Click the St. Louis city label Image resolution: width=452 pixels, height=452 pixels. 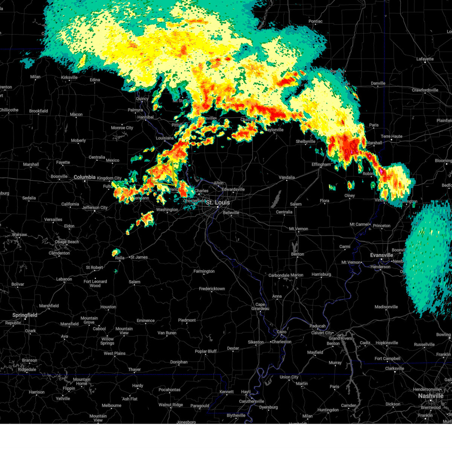click(218, 203)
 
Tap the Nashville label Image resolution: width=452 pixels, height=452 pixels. click(431, 396)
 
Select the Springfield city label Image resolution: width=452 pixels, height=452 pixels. click(25, 315)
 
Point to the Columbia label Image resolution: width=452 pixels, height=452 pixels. click(84, 177)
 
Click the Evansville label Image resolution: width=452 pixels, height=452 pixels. click(382, 255)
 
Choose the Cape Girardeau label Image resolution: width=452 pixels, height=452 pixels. click(260, 307)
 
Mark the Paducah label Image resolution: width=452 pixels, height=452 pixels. click(318, 326)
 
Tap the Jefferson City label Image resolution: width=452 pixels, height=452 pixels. click(95, 208)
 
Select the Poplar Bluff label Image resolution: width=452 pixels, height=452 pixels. click(206, 351)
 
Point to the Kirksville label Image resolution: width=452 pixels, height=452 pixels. click(69, 78)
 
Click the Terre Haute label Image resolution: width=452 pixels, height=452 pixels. click(391, 136)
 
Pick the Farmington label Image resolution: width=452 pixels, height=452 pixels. click(204, 271)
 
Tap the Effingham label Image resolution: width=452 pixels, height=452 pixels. click(321, 164)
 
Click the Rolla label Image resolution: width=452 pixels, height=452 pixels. click(119, 258)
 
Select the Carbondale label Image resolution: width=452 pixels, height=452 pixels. click(279, 275)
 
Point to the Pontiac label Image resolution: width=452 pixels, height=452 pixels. click(315, 21)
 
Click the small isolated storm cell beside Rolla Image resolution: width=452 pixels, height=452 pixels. click(116, 252)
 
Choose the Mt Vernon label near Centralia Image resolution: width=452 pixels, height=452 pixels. click(298, 229)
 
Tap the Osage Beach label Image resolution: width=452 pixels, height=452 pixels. click(67, 242)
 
